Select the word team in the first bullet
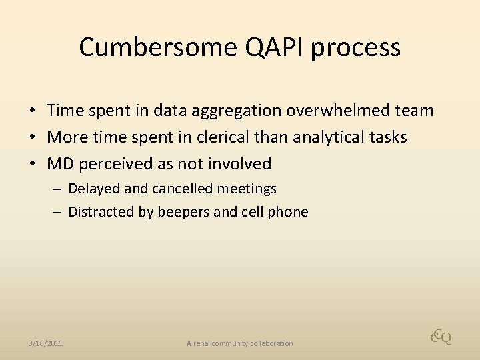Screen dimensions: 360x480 415,110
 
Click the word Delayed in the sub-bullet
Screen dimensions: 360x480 94,189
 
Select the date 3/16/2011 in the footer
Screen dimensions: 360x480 46,343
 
